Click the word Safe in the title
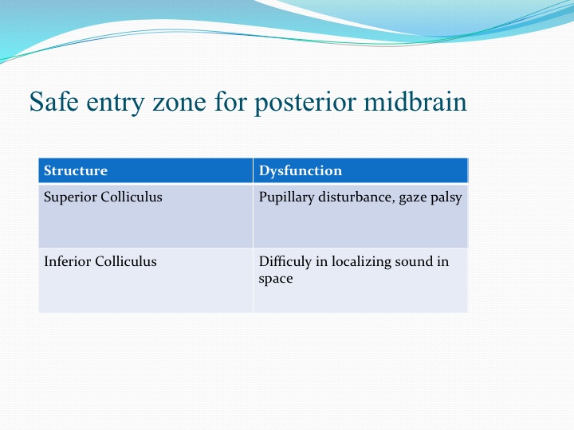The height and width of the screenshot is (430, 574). coord(54,101)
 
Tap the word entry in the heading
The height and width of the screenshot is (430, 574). coord(116,104)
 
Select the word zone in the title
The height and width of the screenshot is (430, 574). coord(179,104)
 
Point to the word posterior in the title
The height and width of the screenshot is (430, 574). coord(305,104)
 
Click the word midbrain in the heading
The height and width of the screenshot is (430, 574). coord(415,101)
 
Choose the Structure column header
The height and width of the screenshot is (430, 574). coord(76,170)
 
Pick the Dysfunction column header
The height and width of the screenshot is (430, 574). coord(301,171)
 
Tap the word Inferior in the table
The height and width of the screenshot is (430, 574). coord(67,261)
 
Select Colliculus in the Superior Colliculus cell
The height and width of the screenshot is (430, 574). coord(131,197)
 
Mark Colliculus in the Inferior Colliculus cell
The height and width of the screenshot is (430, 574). coord(126,261)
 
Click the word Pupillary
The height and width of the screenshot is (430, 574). coord(286,197)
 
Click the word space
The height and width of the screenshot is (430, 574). coord(276,279)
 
